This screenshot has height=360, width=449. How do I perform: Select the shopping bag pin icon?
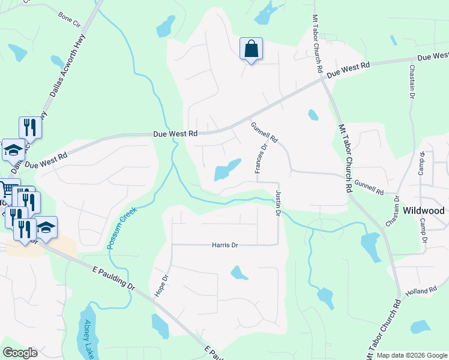tap(251, 49)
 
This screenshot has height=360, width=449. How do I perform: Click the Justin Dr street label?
tap(279, 205)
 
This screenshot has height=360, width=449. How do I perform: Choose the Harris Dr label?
tap(224, 245)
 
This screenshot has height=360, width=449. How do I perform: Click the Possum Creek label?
tap(122, 229)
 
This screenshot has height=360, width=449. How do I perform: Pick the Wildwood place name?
tap(424, 211)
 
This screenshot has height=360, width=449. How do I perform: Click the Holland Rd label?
tap(424, 291)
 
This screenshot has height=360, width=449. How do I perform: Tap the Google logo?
tap(20, 353)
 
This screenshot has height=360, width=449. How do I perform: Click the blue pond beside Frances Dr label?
tap(228, 170)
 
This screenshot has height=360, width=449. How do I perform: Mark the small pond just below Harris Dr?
tap(239, 273)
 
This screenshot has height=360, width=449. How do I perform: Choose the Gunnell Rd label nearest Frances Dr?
tap(265, 132)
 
